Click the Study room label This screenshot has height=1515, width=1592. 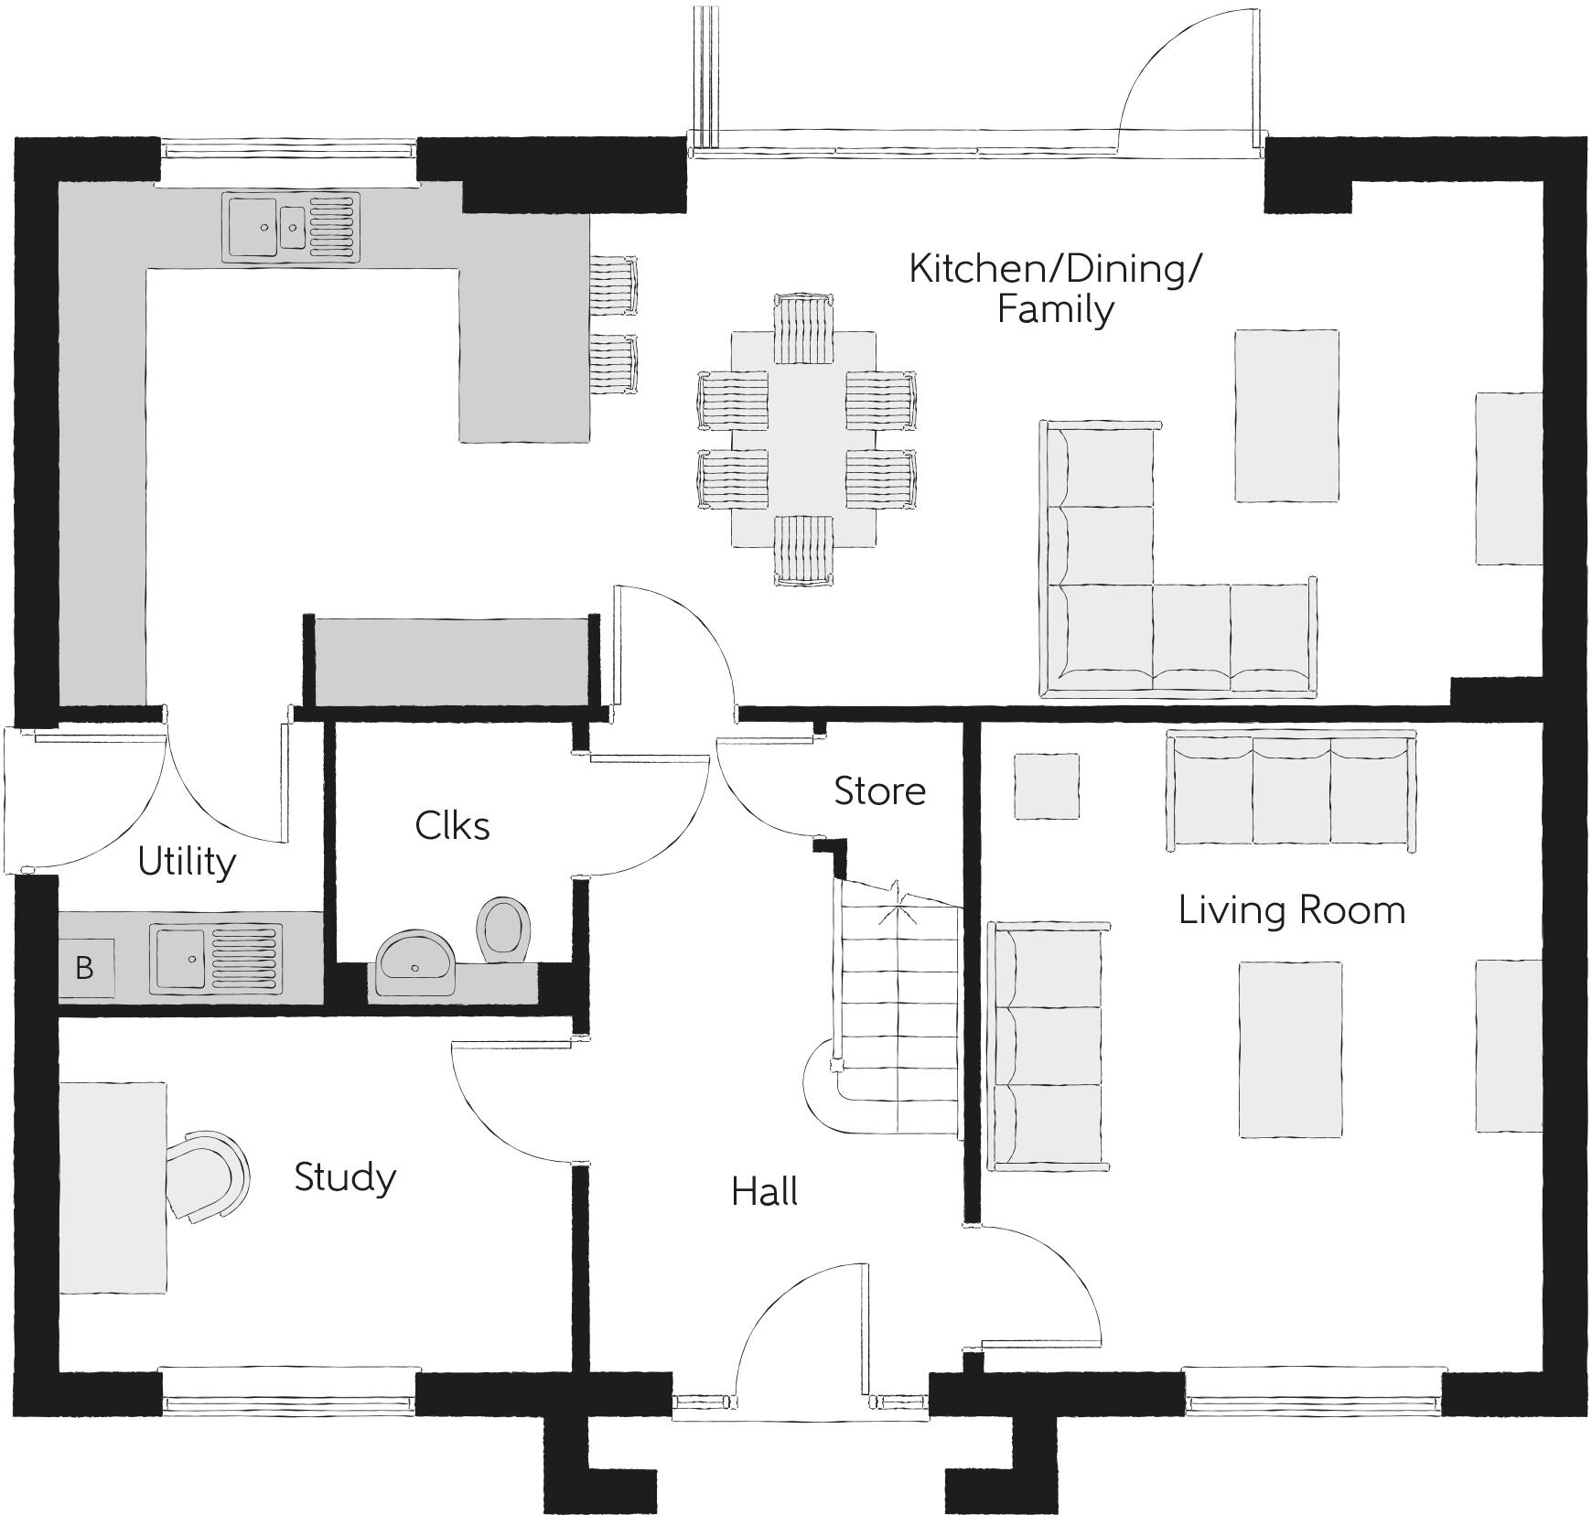pyautogui.click(x=345, y=1177)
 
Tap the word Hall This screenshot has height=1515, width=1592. pyautogui.click(x=764, y=1192)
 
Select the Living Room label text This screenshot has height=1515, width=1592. pyautogui.click(x=1291, y=910)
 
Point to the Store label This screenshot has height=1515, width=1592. pyautogui.click(x=879, y=791)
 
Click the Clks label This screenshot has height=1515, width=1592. pyautogui.click(x=452, y=826)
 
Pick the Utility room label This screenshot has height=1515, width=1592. pyautogui.click(x=187, y=862)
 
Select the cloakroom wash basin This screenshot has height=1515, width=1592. pyautogui.click(x=415, y=964)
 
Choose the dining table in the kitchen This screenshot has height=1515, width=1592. pyautogui.click(x=803, y=439)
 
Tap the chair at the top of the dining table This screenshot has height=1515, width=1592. pyautogui.click(x=803, y=328)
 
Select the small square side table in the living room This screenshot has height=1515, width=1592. pyautogui.click(x=1046, y=787)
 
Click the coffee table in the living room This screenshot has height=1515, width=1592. pyautogui.click(x=1290, y=1048)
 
